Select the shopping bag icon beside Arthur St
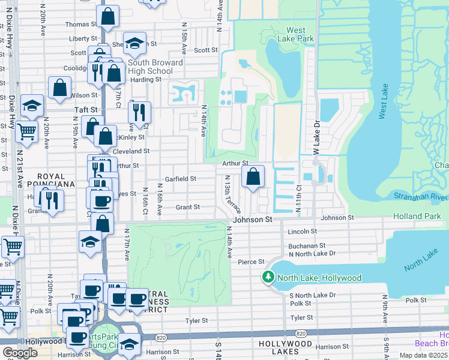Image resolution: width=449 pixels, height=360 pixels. pos(253,176)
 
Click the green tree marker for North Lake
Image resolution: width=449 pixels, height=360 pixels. pos(267,278)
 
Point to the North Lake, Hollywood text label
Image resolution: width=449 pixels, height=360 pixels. pos(318,278)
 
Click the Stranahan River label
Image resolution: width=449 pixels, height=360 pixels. pos(421,196)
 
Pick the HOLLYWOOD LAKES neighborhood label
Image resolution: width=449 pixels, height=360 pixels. pos(286,344)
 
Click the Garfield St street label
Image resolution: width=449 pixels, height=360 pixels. pos(181,179)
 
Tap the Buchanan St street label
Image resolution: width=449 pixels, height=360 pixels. pos(307,245)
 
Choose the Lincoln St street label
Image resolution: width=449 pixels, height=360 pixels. pos(302,231)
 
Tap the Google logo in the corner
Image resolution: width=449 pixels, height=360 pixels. pos(20,353)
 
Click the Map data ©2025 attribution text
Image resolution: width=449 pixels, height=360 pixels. pos(424,355)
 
